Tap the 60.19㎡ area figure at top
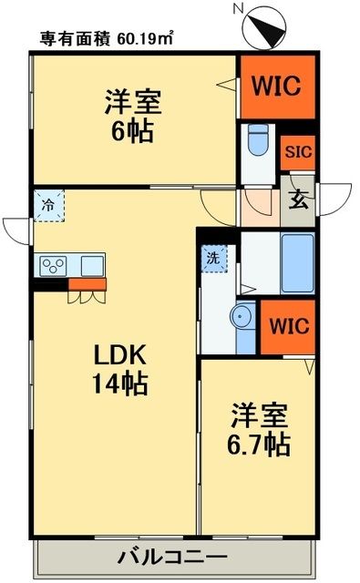click(142, 38)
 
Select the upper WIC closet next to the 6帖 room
click(277, 86)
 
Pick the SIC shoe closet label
click(297, 153)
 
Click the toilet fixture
click(256, 141)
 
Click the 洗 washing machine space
click(211, 257)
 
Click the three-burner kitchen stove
click(52, 266)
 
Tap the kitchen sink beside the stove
click(91, 265)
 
